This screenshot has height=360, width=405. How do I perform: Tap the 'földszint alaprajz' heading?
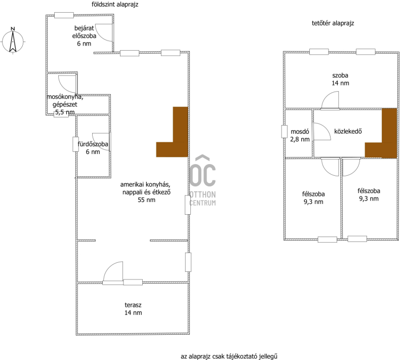click(x=115, y=5)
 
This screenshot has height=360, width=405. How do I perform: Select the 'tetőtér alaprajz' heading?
click(x=333, y=23)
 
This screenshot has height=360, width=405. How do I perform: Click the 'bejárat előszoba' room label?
click(x=84, y=32)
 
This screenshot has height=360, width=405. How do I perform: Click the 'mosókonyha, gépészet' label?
click(x=65, y=101)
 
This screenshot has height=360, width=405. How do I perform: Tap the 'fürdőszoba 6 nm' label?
click(x=93, y=148)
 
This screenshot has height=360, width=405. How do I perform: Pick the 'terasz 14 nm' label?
click(x=133, y=309)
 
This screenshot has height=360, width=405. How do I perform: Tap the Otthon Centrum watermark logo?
click(x=202, y=180)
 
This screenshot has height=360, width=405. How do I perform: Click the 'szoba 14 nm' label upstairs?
click(x=340, y=79)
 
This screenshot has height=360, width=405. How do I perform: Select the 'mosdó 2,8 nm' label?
click(x=300, y=135)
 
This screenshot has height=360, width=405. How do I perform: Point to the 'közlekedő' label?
click(x=348, y=131)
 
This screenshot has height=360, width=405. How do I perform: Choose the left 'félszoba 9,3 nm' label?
click(x=313, y=198)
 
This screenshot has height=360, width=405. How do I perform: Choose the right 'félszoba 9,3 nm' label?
click(x=369, y=195)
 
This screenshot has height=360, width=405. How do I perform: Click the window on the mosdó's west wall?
click(x=284, y=132)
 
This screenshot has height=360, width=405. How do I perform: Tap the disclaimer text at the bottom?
click(x=229, y=356)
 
